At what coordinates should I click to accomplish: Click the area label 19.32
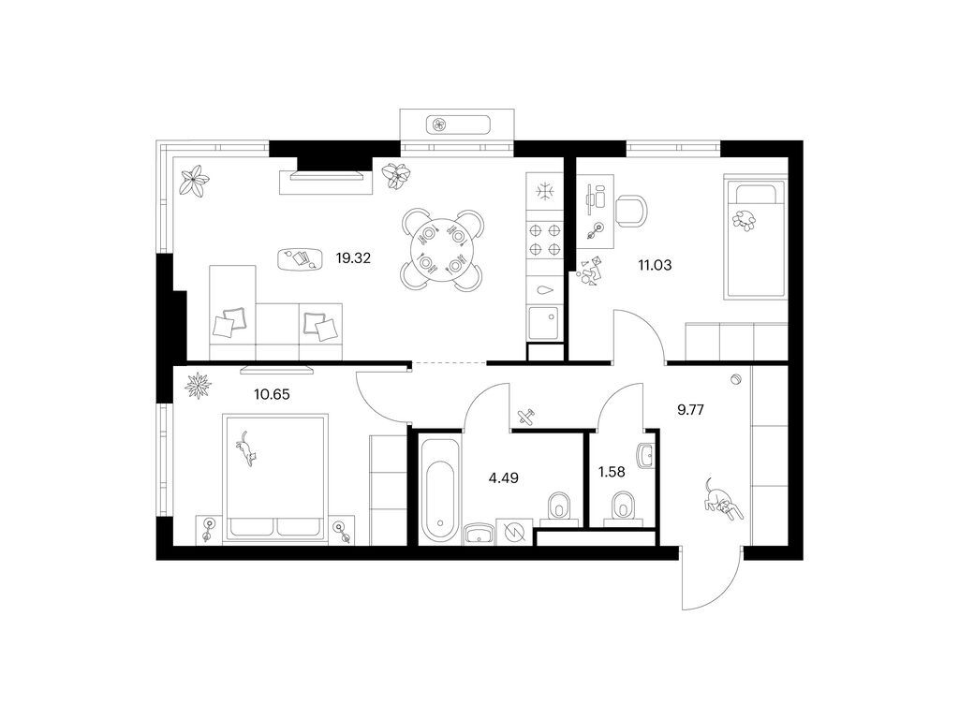tap(353, 258)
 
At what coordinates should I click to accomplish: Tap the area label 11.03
tap(655, 265)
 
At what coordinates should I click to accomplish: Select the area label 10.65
tap(272, 394)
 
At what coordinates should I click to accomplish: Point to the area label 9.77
tap(690, 410)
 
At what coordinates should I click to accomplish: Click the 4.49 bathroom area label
tap(503, 477)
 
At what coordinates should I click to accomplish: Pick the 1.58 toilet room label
tap(611, 472)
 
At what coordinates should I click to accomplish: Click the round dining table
tap(443, 249)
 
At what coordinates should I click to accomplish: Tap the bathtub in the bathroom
tap(440, 489)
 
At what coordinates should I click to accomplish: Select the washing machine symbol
tap(514, 531)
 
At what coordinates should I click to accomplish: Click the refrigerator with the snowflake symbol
tap(544, 192)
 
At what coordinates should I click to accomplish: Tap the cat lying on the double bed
tap(246, 448)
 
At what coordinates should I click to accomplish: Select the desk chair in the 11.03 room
tap(630, 211)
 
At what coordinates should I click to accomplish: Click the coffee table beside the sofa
tap(300, 258)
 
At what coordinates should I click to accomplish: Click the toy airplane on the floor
tap(525, 417)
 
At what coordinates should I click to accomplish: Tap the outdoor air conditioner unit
tap(457, 125)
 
